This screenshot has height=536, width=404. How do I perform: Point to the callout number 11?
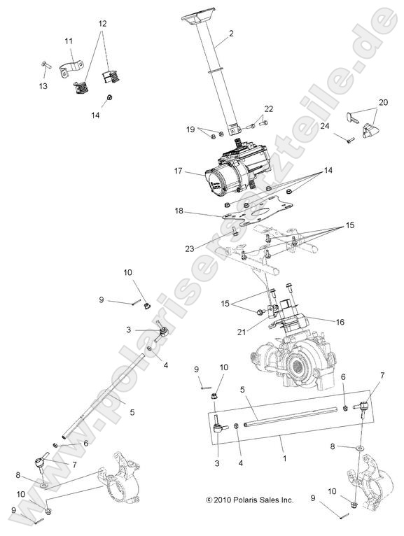click(69, 42)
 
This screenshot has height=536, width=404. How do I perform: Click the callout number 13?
click(43, 86)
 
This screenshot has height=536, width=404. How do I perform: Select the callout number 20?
click(383, 101)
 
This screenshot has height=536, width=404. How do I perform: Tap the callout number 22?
click(269, 108)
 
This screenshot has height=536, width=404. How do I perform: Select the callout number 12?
click(102, 23)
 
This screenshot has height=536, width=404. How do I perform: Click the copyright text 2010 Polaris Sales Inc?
click(249, 500)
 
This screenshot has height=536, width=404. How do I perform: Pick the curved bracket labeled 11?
click(69, 71)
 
